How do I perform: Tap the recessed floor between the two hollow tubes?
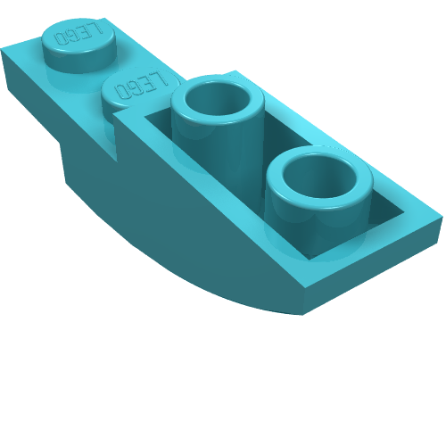click(259, 161)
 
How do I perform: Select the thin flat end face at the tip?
click(375, 272)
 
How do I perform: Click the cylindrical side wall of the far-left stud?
click(71, 59)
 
